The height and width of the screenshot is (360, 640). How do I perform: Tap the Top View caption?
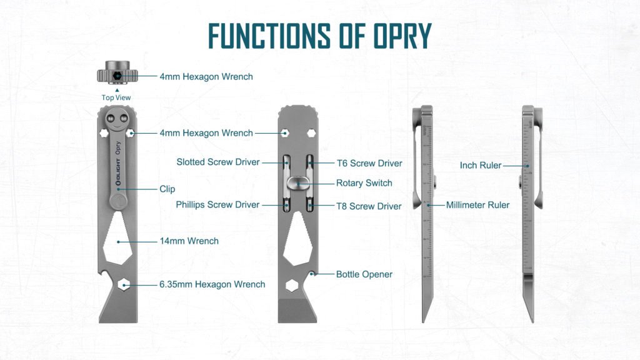(x=116, y=97)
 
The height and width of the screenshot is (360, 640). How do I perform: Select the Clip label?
(x=167, y=189)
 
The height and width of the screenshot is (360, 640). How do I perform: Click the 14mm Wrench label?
(x=190, y=241)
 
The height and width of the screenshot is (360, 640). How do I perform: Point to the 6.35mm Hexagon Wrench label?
(x=212, y=284)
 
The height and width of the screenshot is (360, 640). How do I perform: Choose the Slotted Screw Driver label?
(x=218, y=162)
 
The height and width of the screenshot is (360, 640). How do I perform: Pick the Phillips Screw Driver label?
(x=217, y=204)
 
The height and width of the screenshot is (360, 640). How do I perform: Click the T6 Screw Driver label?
(x=369, y=163)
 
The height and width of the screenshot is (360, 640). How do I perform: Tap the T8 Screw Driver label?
(x=369, y=206)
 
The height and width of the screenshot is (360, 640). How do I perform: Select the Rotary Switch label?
(x=364, y=183)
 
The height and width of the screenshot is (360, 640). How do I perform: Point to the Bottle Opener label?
(x=364, y=274)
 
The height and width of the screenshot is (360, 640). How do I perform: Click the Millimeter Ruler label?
(x=477, y=204)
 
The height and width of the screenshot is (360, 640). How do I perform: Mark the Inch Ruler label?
(x=481, y=166)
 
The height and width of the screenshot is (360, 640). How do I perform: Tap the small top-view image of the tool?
(x=116, y=75)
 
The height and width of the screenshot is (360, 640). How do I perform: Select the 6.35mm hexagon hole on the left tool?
(x=125, y=285)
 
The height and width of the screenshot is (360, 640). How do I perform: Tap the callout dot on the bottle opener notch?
(x=314, y=274)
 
